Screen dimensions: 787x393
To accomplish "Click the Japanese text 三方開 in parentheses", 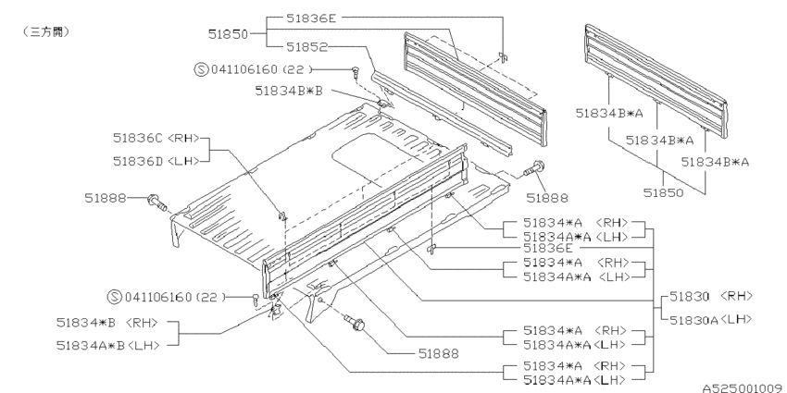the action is [45, 32].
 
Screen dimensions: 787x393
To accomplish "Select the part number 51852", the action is [306, 47].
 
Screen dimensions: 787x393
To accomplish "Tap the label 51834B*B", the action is [289, 91].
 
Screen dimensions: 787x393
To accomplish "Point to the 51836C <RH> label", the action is [156, 138].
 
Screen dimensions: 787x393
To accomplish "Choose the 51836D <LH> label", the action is [156, 161].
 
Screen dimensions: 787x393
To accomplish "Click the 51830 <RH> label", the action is [711, 296].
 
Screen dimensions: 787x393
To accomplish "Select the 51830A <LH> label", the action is [711, 319].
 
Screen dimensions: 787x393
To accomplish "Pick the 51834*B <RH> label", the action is [107, 323].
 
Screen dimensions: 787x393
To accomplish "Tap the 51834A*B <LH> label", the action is [108, 345].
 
